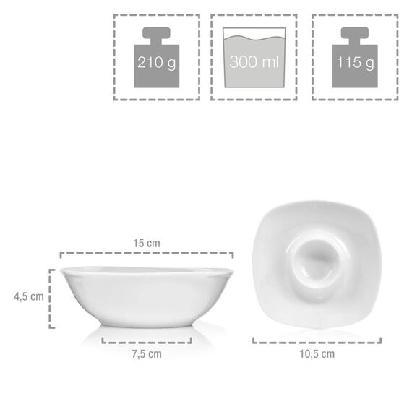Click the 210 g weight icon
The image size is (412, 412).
(x=156, y=59)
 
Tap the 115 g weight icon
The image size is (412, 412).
(x=355, y=59)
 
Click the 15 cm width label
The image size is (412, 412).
(x=147, y=244)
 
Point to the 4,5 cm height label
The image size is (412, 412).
(x=28, y=296)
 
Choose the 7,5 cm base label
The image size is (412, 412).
(x=147, y=353)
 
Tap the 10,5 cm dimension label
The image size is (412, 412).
(x=317, y=353)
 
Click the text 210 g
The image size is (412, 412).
(x=156, y=63)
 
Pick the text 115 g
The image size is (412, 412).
(x=355, y=63)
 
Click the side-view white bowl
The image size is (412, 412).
(x=147, y=296)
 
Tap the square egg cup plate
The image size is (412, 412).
(x=318, y=264)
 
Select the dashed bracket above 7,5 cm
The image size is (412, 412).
(x=147, y=340)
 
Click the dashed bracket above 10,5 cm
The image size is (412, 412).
(x=317, y=340)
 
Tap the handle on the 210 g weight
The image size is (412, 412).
(x=156, y=35)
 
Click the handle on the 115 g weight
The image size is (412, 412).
(x=355, y=35)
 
